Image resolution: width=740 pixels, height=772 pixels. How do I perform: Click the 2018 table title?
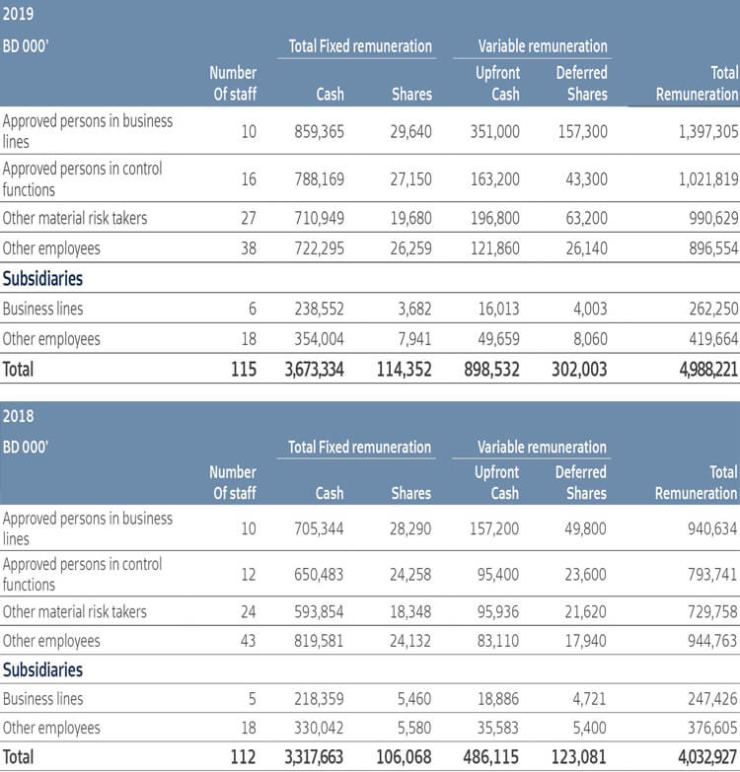(x=18, y=416)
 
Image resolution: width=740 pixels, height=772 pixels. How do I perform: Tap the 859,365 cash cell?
(x=319, y=131)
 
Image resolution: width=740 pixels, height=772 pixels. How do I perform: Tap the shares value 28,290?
(x=410, y=528)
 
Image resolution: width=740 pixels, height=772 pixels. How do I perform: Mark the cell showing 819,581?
(x=319, y=641)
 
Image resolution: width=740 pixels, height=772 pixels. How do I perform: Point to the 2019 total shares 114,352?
(x=405, y=370)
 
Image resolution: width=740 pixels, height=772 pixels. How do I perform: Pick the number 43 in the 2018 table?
(x=247, y=641)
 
